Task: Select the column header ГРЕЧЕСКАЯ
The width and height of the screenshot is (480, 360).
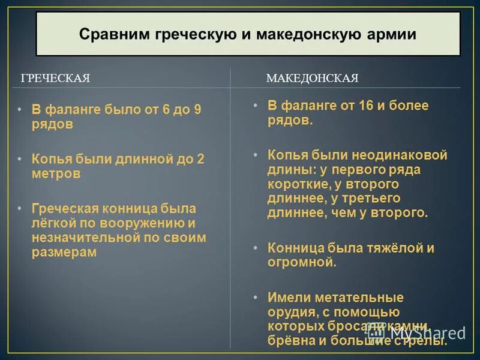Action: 55,79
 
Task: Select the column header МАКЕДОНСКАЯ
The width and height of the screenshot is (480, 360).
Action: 312,79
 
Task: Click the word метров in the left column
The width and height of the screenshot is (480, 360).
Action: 56,174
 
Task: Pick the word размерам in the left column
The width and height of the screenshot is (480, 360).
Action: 64,253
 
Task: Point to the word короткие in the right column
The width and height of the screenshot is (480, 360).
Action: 298,184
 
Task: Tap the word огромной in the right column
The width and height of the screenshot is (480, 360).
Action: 300,262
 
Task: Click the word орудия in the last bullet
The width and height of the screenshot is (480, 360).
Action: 291,312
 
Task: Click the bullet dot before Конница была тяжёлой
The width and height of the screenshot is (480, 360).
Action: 255,248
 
